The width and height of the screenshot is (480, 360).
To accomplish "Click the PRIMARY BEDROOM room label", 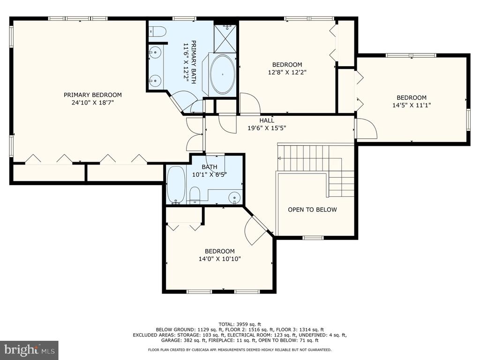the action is tap(93, 95).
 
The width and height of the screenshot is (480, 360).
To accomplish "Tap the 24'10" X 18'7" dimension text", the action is tap(93, 103).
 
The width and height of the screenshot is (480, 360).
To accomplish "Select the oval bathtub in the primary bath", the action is tap(223, 75).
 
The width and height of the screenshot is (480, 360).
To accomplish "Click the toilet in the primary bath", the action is tap(157, 31).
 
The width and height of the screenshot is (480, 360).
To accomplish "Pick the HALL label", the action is tap(267, 120).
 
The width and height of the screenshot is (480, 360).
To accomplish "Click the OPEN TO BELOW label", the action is tap(312, 210).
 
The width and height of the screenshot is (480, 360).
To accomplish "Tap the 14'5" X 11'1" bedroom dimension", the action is tap(412, 105).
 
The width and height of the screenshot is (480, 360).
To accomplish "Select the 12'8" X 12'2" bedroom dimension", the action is tap(287, 72).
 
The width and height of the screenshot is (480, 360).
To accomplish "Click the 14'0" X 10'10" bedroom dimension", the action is tap(220, 259).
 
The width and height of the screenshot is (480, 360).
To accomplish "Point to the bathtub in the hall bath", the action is tap(176, 185).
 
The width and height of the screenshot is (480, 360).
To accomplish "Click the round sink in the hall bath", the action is tap(234, 197).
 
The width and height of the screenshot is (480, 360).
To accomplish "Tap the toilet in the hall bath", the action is tap(194, 195).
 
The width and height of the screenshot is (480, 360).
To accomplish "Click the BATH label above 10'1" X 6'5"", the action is tap(210, 167).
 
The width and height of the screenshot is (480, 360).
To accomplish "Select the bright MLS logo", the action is tap(29, 350).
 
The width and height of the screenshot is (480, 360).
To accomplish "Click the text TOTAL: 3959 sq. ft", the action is tap(240, 324).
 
